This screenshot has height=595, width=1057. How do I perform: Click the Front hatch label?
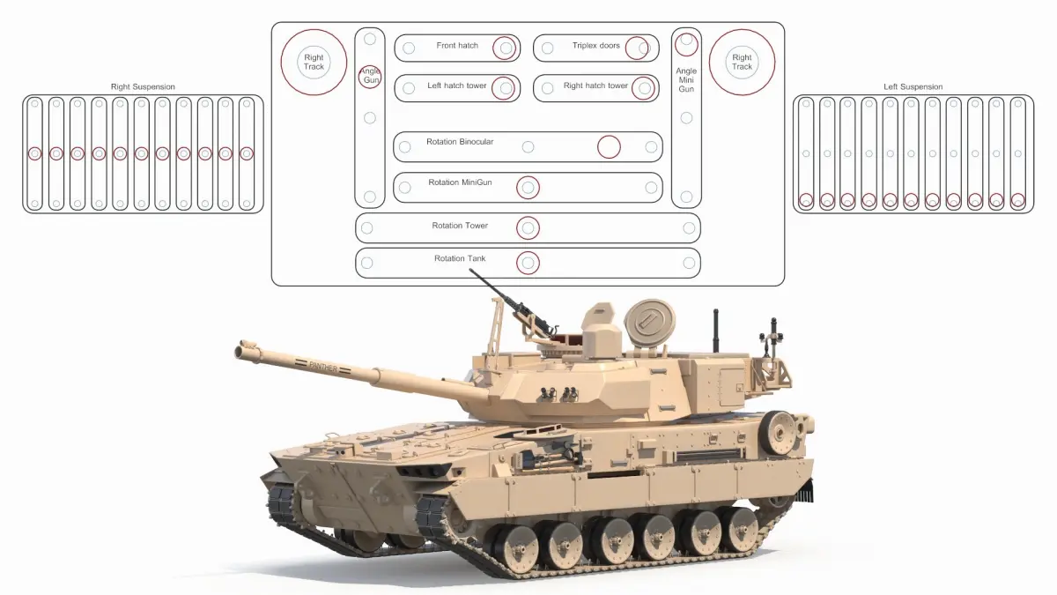point(457,45)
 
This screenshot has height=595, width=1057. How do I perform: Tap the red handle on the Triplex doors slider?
point(637,48)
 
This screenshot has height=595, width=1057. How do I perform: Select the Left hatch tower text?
point(456,86)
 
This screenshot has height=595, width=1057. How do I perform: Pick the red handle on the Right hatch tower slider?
point(643,88)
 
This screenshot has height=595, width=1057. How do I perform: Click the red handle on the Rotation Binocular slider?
point(609,147)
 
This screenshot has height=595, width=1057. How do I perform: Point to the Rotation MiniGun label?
point(460,182)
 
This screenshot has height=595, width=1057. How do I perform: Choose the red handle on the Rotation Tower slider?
point(528,228)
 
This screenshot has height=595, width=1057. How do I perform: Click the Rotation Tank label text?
point(460,258)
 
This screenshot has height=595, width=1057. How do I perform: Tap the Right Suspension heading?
point(143,87)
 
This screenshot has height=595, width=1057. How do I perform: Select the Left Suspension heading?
point(913,87)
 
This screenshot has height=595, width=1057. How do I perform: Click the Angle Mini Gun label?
point(686,80)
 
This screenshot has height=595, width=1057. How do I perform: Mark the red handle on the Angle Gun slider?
point(369,77)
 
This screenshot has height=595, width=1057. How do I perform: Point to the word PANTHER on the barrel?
point(324,366)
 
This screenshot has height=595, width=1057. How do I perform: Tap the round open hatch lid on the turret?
point(649,324)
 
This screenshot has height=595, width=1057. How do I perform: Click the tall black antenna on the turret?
point(716,330)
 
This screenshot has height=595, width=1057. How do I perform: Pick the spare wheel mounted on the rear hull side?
point(777,433)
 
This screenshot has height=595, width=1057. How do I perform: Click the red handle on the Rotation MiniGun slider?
point(528,188)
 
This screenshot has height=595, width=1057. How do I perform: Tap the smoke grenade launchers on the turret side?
point(559,394)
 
